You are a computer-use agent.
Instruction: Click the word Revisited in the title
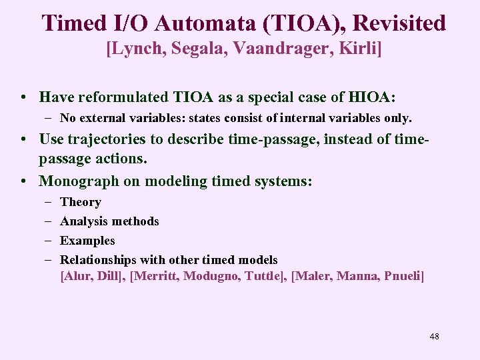(399, 23)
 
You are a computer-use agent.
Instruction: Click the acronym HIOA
(369, 97)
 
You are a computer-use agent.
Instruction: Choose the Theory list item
(80, 202)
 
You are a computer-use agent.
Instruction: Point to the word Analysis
(83, 221)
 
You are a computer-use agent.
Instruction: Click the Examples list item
(87, 241)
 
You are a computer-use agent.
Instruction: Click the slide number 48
(435, 336)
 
